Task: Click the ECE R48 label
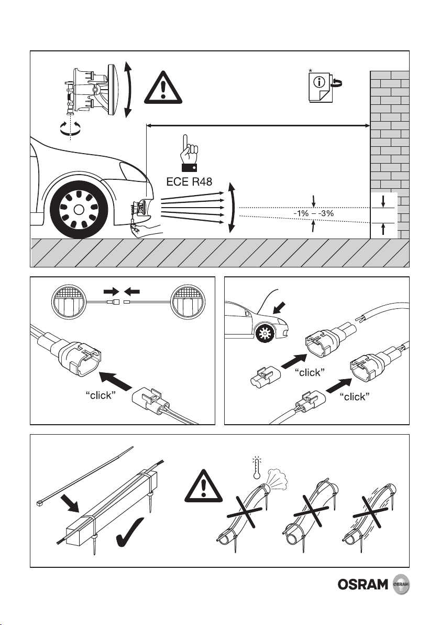[x=189, y=182]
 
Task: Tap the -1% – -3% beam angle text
[x=313, y=213]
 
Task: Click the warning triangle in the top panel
[x=163, y=87]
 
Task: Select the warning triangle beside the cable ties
[x=204, y=486]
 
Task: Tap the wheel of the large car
[x=79, y=209]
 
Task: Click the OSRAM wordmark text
[x=363, y=585]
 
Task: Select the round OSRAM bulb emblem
[x=401, y=585]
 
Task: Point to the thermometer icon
[x=257, y=467]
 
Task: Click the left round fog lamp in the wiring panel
[x=69, y=301]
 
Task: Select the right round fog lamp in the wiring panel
[x=187, y=301]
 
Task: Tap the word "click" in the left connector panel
[x=101, y=395]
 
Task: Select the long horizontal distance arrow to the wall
[x=258, y=125]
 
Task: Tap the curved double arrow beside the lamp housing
[x=127, y=90]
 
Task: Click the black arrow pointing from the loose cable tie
[x=71, y=504]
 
